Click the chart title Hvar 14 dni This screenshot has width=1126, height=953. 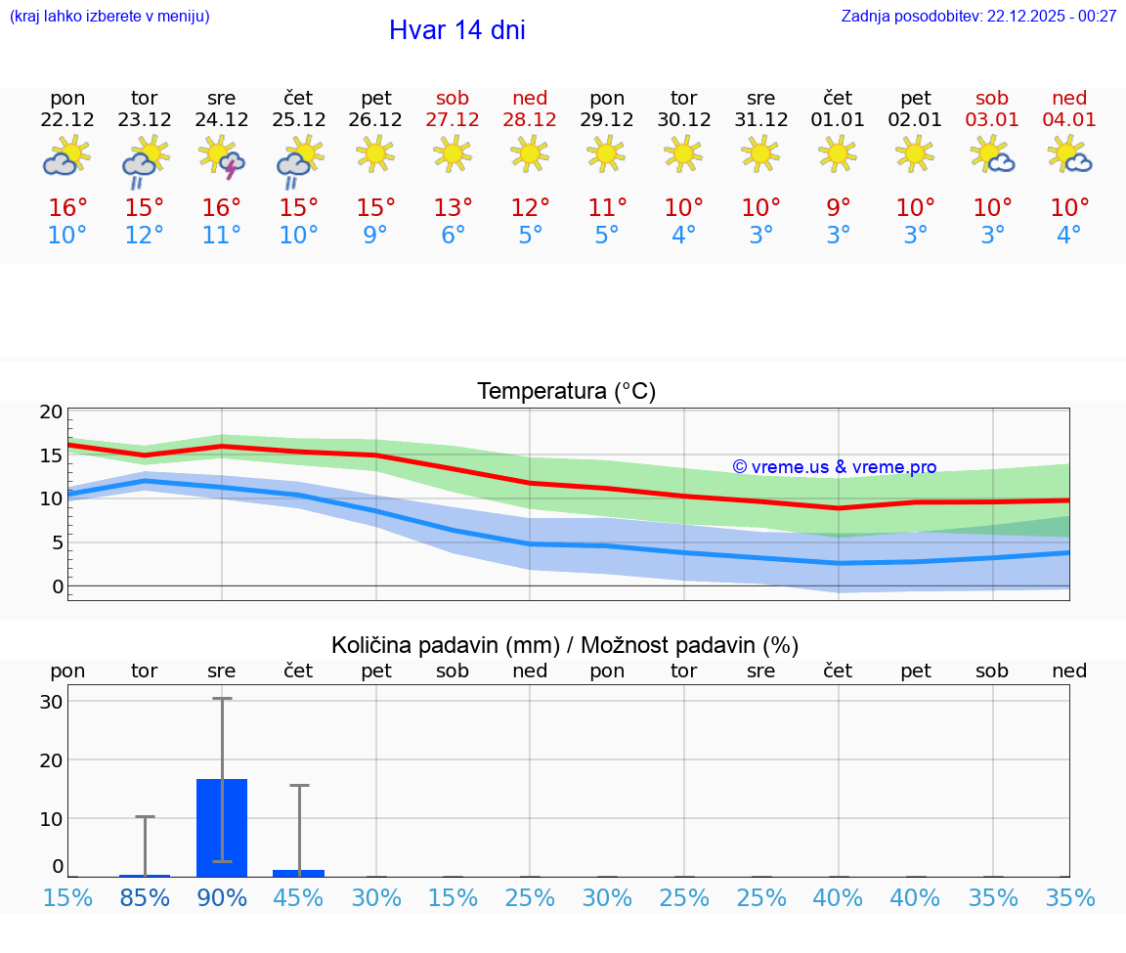tap(456, 30)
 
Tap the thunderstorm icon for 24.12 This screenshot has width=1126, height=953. tap(222, 156)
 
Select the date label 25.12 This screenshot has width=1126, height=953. tap(299, 120)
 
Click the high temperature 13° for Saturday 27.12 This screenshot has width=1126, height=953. tap(453, 207)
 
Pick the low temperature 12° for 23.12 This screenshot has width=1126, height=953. tap(144, 236)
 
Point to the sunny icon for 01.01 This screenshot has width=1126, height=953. tap(838, 152)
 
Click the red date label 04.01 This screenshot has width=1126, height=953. tap(1069, 120)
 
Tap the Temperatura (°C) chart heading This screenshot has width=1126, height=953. tap(566, 392)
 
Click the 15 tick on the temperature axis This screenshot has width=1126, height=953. tap(52, 455)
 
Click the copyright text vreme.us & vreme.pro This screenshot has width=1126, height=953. tap(834, 467)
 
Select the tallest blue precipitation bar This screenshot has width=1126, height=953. tap(222, 827)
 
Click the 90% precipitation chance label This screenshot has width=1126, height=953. tap(222, 898)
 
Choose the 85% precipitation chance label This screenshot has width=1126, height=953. tap(145, 898)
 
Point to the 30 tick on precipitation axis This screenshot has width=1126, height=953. tap(52, 702)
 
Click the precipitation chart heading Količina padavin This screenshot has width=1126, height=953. tap(565, 645)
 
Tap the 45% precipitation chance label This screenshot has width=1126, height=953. tap(299, 898)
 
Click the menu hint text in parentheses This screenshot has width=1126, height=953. tap(109, 16)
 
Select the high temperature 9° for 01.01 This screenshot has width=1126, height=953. tap(838, 207)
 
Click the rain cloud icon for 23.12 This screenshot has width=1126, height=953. tap(144, 159)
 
